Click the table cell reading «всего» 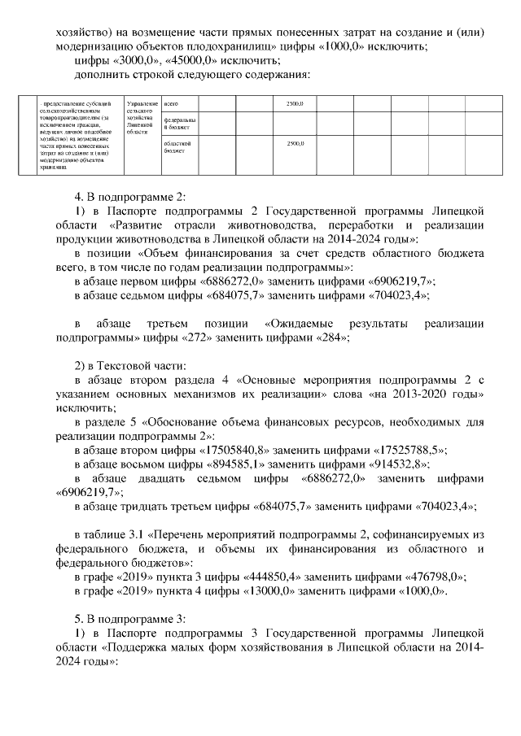point(171,105)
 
